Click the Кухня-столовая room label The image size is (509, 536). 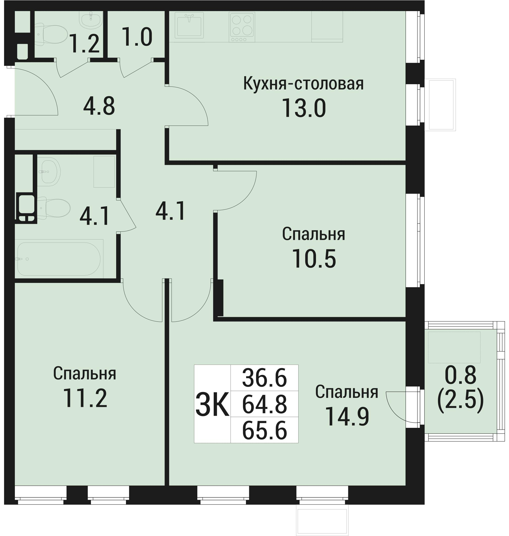coord(303,84)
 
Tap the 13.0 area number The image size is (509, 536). coord(304,108)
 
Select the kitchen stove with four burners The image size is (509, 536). coord(241,27)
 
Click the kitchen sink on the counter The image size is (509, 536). coord(189,25)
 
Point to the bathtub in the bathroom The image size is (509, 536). coord(59,259)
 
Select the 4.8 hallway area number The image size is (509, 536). coord(99,106)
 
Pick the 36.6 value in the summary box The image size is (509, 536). coord(264,378)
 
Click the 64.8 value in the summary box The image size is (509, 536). coord(264,405)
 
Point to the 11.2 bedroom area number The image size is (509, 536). coord(85,398)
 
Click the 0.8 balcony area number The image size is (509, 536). coord(460,375)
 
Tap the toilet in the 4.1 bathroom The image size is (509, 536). coord(54,208)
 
